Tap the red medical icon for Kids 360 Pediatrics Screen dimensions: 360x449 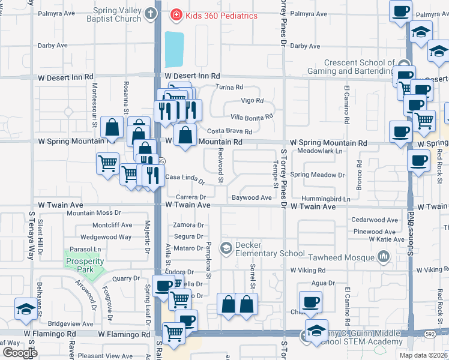[176, 15]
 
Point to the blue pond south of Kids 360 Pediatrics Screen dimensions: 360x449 [174, 49]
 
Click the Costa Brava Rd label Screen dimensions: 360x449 [229, 131]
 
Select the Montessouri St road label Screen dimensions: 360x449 [94, 103]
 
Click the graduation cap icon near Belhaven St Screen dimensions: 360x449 [25, 310]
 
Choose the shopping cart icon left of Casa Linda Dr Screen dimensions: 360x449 [108, 162]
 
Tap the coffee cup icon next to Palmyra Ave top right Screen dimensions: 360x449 [400, 10]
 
